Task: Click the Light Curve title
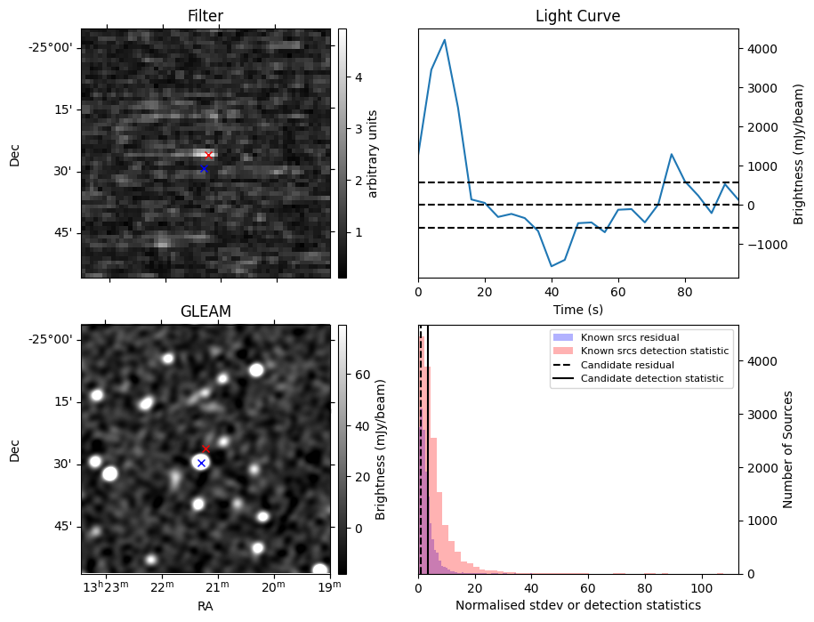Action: [x=577, y=16]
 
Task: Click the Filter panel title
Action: [x=206, y=16]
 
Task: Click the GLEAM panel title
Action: [x=206, y=311]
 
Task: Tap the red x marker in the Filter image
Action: [x=209, y=156]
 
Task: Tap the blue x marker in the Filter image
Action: [x=204, y=168]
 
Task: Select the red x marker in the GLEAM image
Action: [x=206, y=448]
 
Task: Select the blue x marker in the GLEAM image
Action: [x=201, y=463]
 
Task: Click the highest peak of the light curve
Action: [x=445, y=40]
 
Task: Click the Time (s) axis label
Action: [x=577, y=310]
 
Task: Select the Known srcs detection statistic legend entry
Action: [x=654, y=351]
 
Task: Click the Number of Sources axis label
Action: [x=788, y=449]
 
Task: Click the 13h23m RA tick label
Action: [x=104, y=588]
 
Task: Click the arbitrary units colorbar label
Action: [x=373, y=153]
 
